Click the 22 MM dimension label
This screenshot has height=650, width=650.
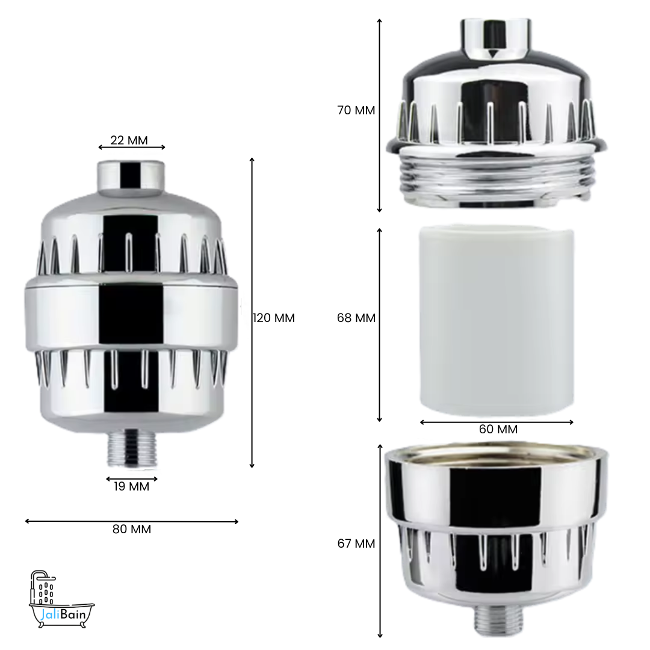point(129,140)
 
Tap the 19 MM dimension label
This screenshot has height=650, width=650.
point(131,486)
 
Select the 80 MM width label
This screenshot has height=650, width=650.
point(132,530)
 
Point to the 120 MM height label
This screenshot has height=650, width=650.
point(274,318)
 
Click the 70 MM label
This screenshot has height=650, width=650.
point(356,111)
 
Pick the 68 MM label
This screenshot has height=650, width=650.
point(356,318)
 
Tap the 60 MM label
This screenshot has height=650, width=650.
point(498,430)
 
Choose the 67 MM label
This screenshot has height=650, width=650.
point(356,543)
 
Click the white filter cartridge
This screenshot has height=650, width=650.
point(497,319)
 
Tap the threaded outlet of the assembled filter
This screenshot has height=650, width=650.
point(132,448)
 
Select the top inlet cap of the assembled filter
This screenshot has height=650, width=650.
point(131,176)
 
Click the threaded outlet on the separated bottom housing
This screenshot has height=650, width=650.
point(496,620)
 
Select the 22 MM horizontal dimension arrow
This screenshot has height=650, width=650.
point(132,147)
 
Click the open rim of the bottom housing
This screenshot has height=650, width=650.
point(496,451)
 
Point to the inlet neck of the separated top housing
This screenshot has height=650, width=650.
point(497,36)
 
